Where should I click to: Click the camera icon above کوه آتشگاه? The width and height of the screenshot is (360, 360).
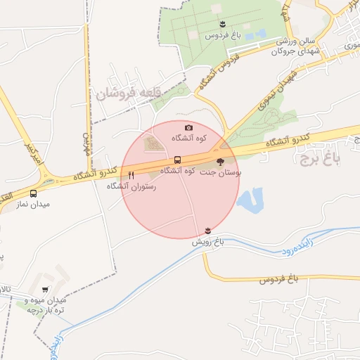188,128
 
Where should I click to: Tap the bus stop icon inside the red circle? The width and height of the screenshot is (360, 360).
176,160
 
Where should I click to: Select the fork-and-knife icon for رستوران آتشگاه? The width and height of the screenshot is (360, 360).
131,175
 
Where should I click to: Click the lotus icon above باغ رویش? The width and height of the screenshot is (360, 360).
207,230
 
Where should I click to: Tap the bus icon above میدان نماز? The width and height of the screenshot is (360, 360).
33,193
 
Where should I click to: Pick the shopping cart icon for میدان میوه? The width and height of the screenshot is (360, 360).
46,289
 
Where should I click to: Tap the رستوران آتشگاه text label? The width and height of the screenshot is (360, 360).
131,186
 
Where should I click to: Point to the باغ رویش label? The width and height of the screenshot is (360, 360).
213,240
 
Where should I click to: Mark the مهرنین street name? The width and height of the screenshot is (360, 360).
88,141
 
